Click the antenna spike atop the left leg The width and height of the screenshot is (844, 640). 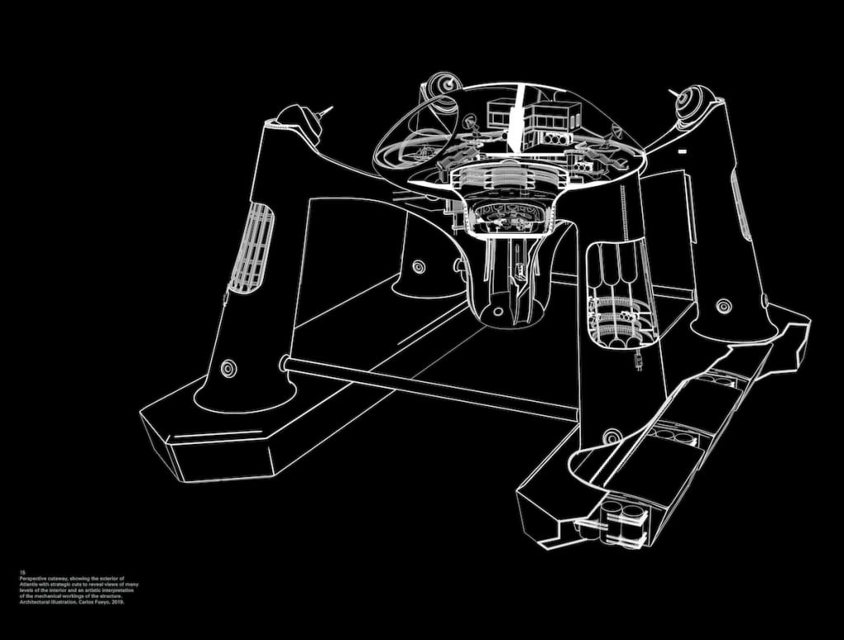[326, 110]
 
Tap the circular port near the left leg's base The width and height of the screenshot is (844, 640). [228, 368]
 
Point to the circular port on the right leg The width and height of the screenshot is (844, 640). [724, 306]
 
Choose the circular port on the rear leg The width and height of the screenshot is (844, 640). [419, 267]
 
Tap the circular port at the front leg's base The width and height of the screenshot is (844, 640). [611, 436]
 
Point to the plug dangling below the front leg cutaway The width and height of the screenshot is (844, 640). [636, 359]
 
